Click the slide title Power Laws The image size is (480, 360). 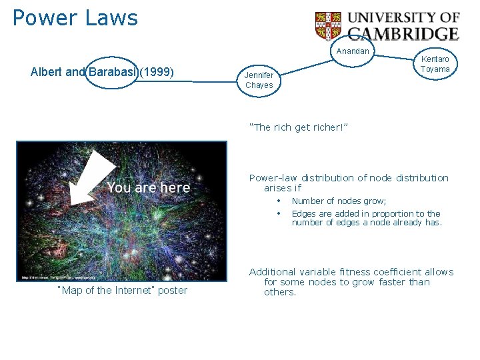pos(75,18)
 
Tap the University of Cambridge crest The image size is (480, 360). pos(328,26)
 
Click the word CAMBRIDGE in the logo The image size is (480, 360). pos(404,33)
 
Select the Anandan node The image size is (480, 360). pos(353,51)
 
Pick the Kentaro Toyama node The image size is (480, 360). pos(435,65)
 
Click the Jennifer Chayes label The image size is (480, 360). pos(259,80)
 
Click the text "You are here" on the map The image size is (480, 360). pos(148,188)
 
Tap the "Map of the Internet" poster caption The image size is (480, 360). pos(123,290)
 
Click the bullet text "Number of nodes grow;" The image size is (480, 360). pos(339,201)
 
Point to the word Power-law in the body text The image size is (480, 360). pos(273,178)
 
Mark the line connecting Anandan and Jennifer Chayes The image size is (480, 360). pos(307,63)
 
